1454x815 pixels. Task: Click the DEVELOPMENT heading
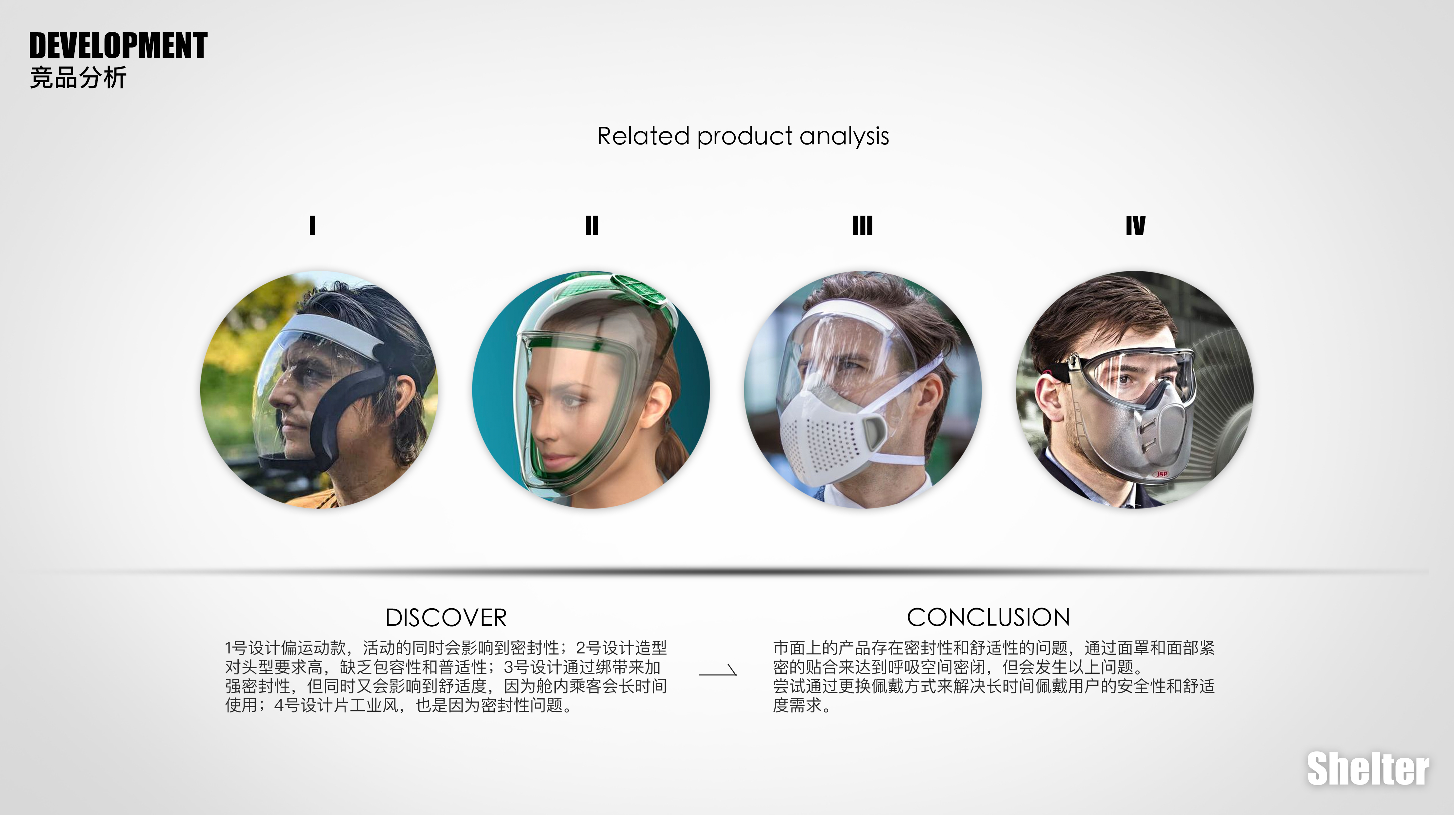118,46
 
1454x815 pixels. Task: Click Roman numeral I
312,225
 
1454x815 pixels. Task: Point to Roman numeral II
591,225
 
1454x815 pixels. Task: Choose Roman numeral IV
1135,225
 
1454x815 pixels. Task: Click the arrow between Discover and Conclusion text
718,671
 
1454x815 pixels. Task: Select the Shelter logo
1368,769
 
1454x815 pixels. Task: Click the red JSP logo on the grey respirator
1161,474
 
